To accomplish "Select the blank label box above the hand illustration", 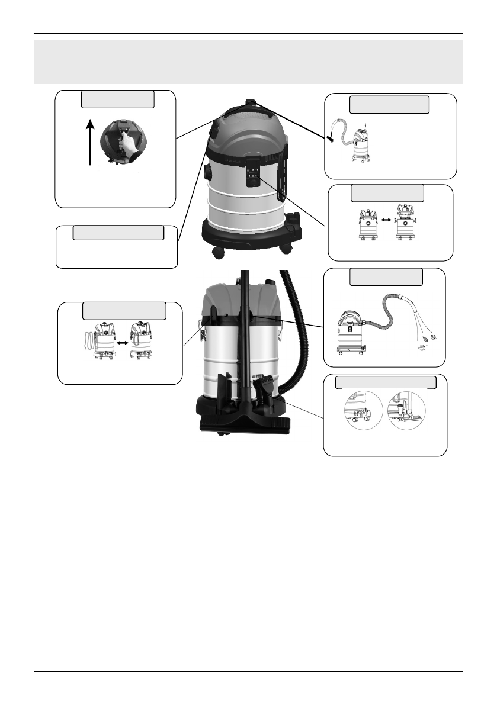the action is click(x=118, y=99).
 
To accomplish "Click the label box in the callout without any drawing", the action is click(x=118, y=232).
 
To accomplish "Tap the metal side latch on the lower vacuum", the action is click(x=202, y=331).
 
